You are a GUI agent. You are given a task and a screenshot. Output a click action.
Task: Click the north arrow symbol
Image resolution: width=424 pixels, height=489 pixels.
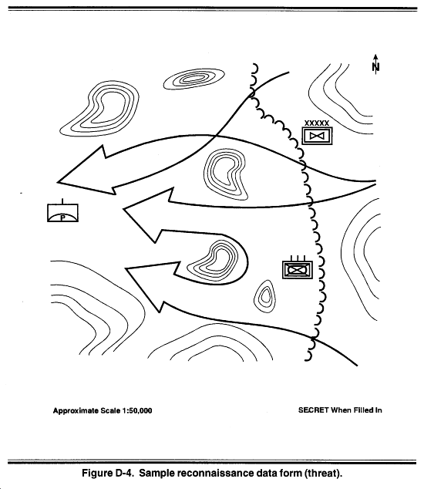(376, 65)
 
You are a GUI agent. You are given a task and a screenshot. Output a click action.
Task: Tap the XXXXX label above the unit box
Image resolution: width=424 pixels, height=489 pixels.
(317, 123)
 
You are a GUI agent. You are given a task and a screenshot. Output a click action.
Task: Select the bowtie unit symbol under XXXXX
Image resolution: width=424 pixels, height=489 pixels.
(318, 136)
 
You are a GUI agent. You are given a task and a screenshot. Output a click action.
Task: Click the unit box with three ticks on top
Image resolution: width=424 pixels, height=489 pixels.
(298, 268)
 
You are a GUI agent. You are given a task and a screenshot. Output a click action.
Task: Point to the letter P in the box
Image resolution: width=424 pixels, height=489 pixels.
(62, 218)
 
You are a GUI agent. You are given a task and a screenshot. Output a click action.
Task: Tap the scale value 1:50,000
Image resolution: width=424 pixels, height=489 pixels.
(137, 411)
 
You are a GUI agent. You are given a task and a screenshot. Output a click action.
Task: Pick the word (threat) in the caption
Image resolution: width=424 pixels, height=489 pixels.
(323, 474)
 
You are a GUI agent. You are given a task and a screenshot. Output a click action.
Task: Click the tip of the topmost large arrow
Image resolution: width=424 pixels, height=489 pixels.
(57, 182)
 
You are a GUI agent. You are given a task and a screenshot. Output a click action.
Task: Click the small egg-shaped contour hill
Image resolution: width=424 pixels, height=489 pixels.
(264, 296)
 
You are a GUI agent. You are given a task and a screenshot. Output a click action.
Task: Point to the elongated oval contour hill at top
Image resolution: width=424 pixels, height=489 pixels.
(194, 79)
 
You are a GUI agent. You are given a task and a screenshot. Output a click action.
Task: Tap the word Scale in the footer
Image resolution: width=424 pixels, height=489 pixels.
(110, 411)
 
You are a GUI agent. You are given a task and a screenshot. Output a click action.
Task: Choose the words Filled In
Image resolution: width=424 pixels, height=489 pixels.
(367, 410)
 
